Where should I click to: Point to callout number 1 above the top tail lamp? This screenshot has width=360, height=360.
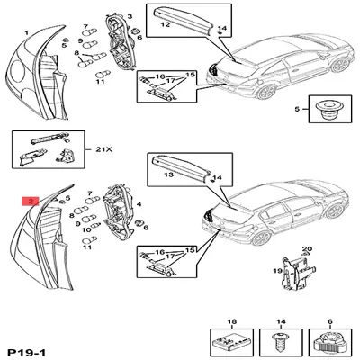click(x=26, y=33)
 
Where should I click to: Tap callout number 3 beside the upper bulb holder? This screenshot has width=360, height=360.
click(x=128, y=17)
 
